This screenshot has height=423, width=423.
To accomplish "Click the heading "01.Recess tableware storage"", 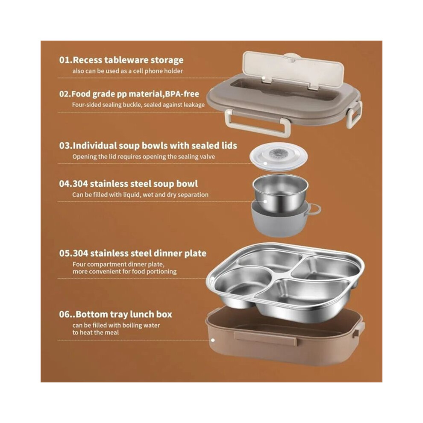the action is [121, 60].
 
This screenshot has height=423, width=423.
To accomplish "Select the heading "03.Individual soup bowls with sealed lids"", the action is [148, 146].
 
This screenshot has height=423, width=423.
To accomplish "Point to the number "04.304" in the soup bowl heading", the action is [73, 184].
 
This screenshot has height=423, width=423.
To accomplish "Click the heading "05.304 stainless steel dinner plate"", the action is [133, 253].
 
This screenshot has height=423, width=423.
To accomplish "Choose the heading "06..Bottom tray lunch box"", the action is [115, 314].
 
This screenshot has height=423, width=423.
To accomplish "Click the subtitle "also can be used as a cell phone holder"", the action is [127, 71].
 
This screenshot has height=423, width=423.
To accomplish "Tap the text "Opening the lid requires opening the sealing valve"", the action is [144, 157].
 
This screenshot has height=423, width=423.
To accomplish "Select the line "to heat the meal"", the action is [96, 332].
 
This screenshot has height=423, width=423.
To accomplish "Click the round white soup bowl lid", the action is [279, 157].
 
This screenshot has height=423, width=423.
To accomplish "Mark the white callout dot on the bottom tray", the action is [213, 340].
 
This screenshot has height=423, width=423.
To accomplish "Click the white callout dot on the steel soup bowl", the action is [265, 202].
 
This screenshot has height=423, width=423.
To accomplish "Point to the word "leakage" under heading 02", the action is [194, 105].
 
